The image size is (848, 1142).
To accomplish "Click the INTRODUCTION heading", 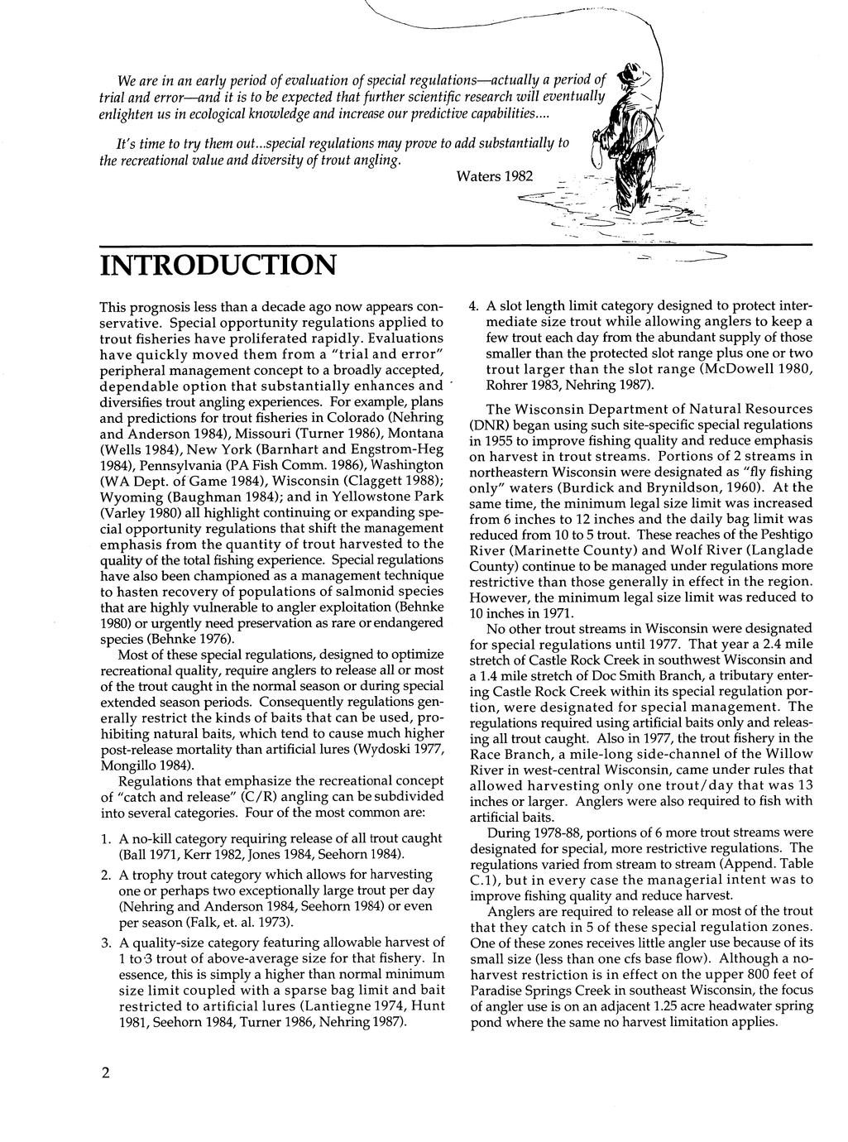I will (x=218, y=266).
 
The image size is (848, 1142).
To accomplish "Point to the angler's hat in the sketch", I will (x=635, y=79).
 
